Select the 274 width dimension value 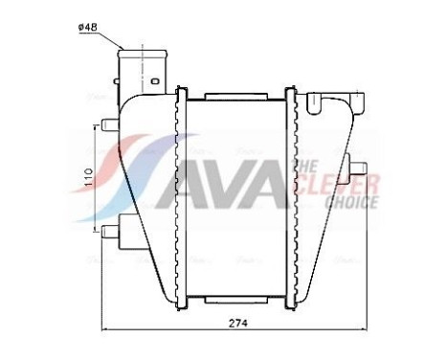click(x=238, y=324)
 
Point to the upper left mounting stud click(x=106, y=123)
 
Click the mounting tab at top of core click(x=234, y=97)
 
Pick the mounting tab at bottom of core click(x=234, y=299)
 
